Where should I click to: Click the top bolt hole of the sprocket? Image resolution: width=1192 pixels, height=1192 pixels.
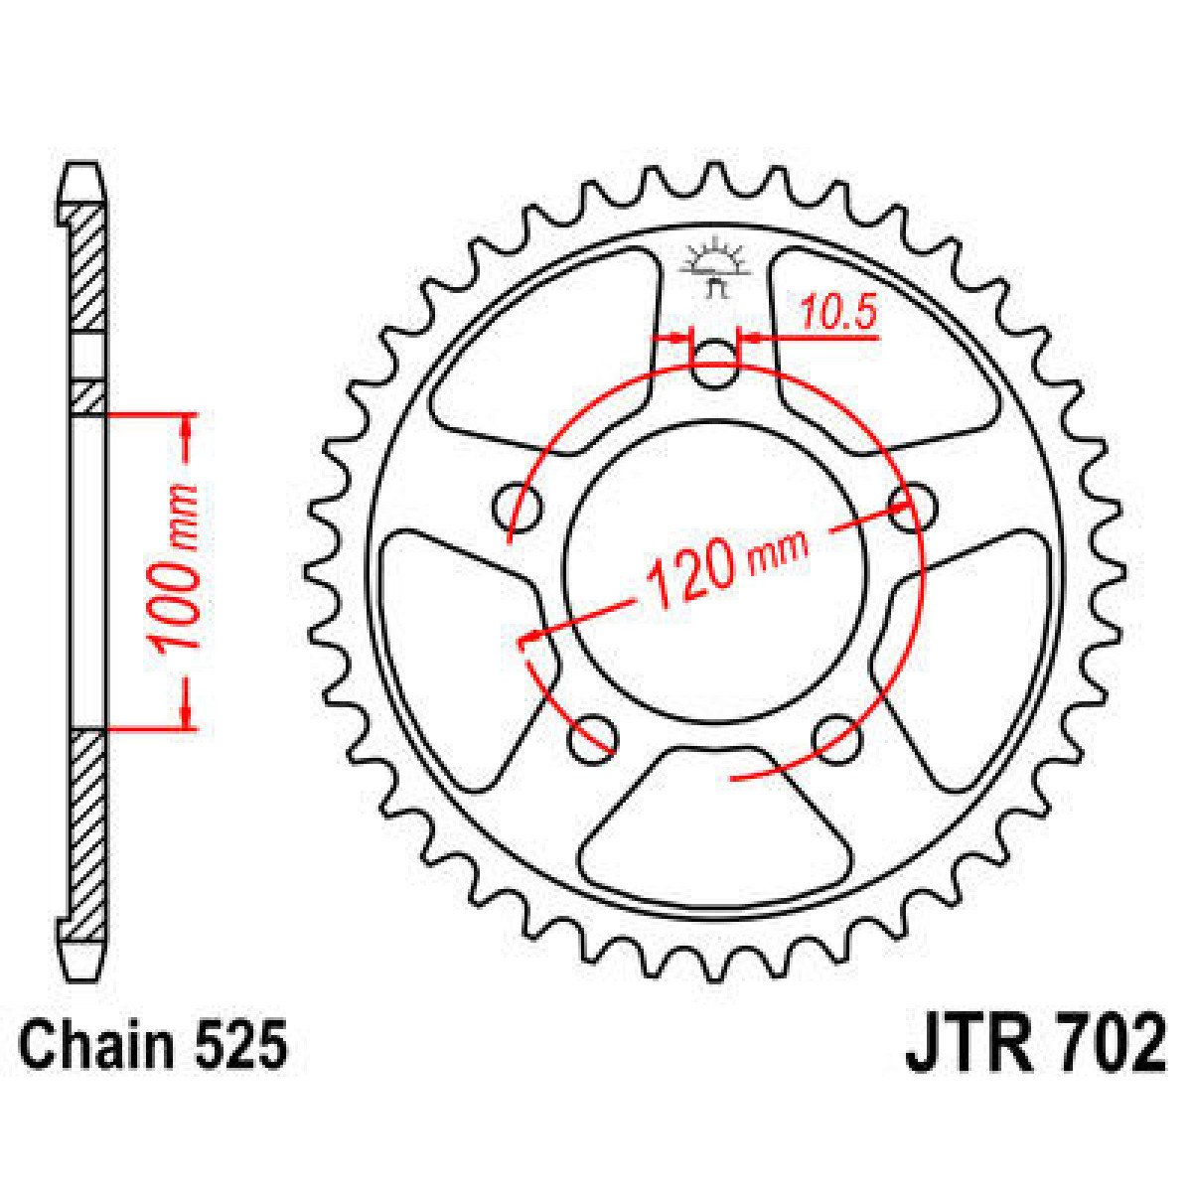point(715,363)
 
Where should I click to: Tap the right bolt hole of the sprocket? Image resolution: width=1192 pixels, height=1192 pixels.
point(913,508)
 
